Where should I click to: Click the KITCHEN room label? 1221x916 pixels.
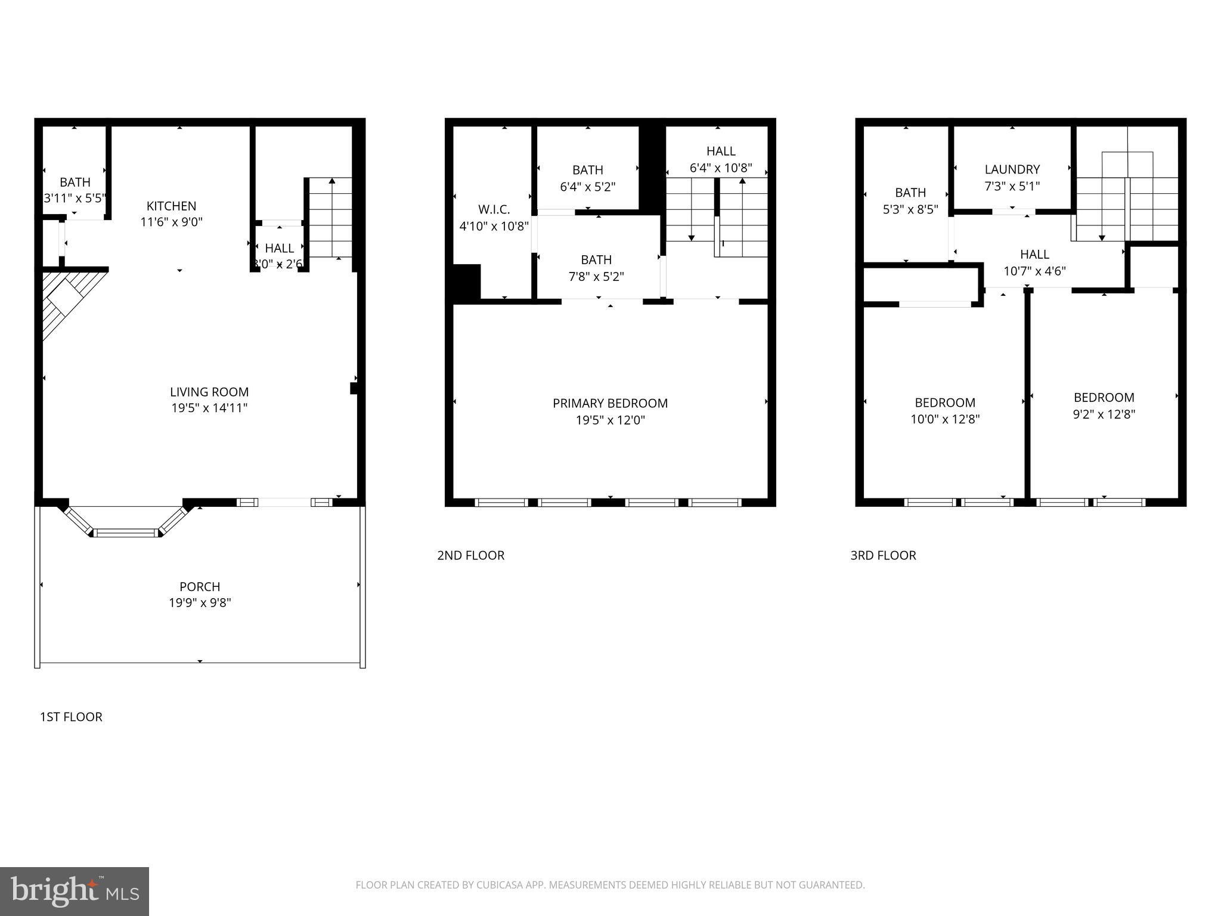[171, 206]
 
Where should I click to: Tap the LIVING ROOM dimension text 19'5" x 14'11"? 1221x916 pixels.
[209, 409]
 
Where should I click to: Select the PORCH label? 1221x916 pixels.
[200, 586]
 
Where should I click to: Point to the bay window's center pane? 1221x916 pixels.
[126, 532]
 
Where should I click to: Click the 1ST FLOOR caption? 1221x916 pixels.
[71, 717]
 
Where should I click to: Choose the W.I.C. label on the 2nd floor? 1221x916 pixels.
[494, 209]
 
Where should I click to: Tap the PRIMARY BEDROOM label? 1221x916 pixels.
[610, 403]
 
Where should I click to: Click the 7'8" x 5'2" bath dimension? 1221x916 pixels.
[596, 277]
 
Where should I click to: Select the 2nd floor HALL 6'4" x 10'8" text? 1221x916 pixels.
[721, 168]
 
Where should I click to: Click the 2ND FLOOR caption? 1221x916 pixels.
[470, 555]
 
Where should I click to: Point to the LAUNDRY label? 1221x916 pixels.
[1012, 169]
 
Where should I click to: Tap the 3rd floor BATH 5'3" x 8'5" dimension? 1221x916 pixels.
[910, 209]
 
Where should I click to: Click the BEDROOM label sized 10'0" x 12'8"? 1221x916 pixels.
[945, 403]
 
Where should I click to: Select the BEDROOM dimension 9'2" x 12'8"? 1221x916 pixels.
[1104, 414]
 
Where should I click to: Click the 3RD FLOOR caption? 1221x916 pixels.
[883, 555]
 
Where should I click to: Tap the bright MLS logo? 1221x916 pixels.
[75, 891]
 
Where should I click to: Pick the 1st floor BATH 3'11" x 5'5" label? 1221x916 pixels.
[75, 182]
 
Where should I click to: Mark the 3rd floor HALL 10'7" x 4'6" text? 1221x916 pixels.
[1034, 271]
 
